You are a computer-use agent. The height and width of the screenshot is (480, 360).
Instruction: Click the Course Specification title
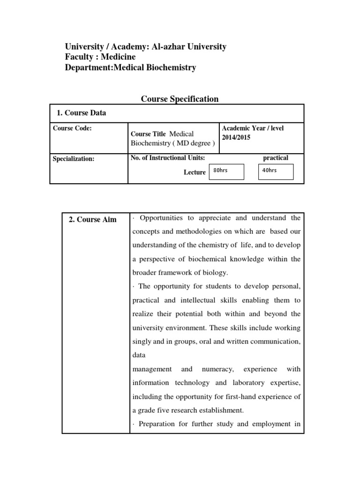180,99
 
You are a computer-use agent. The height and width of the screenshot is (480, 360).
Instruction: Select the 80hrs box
227,172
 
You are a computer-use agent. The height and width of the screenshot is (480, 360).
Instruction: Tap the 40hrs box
276,172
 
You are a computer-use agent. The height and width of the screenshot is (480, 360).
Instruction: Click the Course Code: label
72,128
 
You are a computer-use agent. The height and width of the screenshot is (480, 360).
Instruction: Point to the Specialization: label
74,158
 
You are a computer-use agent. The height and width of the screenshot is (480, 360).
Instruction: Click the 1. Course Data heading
81,113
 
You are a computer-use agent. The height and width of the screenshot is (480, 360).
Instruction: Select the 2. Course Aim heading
92,219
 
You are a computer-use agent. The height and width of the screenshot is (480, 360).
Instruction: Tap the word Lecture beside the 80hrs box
195,172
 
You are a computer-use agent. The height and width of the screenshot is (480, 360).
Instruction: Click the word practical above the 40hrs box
276,158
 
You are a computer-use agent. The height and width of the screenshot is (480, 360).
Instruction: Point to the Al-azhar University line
146,47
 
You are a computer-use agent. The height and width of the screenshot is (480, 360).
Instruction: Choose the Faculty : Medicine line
100,57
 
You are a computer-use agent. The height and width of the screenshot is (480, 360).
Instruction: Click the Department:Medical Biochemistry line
130,67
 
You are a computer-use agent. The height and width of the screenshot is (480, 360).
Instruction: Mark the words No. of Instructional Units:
168,158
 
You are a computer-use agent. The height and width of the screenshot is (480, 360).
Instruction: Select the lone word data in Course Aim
139,356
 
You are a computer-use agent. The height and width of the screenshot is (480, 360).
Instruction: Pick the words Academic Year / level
253,128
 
